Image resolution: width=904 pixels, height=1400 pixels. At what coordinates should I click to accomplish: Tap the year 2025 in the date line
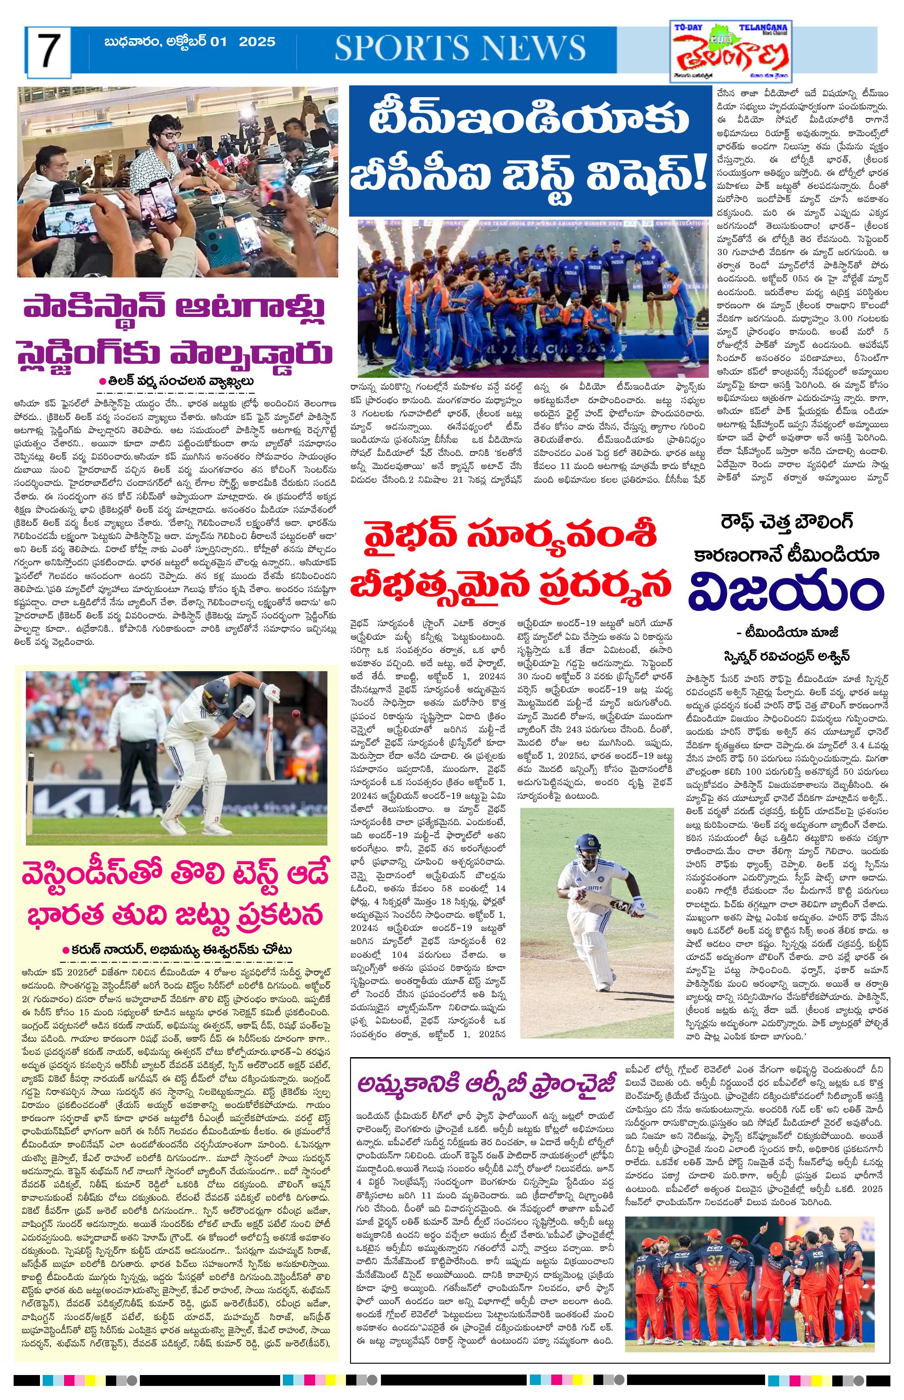click(257, 42)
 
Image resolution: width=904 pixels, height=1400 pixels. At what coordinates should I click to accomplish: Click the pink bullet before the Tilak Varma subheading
click(102, 381)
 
